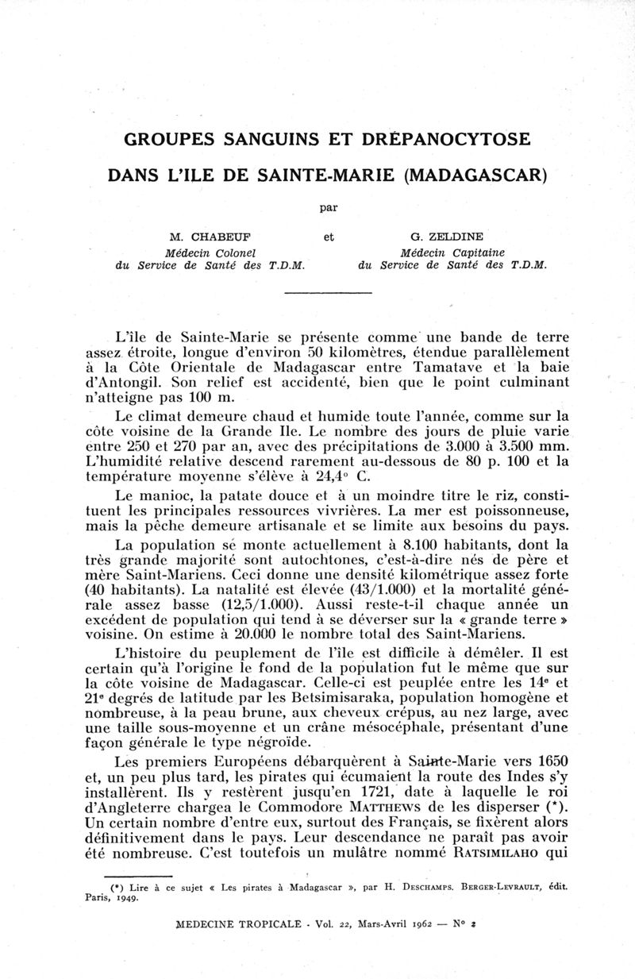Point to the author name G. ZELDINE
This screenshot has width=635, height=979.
click(448, 236)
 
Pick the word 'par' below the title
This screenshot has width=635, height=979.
click(327, 208)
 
